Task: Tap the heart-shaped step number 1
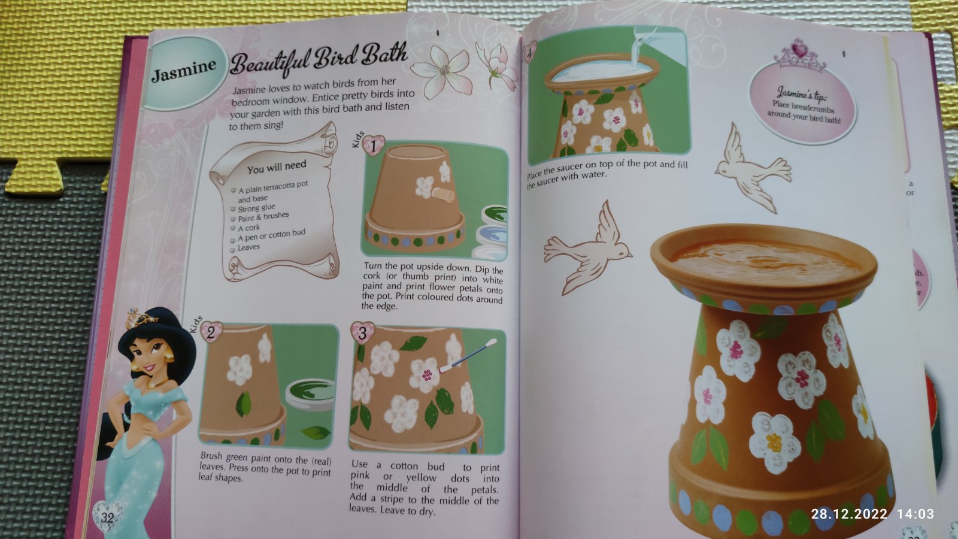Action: (373, 146)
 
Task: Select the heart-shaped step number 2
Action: (211, 332)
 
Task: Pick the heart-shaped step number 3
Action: (362, 332)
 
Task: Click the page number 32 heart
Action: (107, 517)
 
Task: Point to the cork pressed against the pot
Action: (444, 195)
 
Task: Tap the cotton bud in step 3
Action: (468, 356)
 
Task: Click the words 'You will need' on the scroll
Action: (277, 167)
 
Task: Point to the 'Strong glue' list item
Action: (256, 208)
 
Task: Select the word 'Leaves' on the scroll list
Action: (248, 248)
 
